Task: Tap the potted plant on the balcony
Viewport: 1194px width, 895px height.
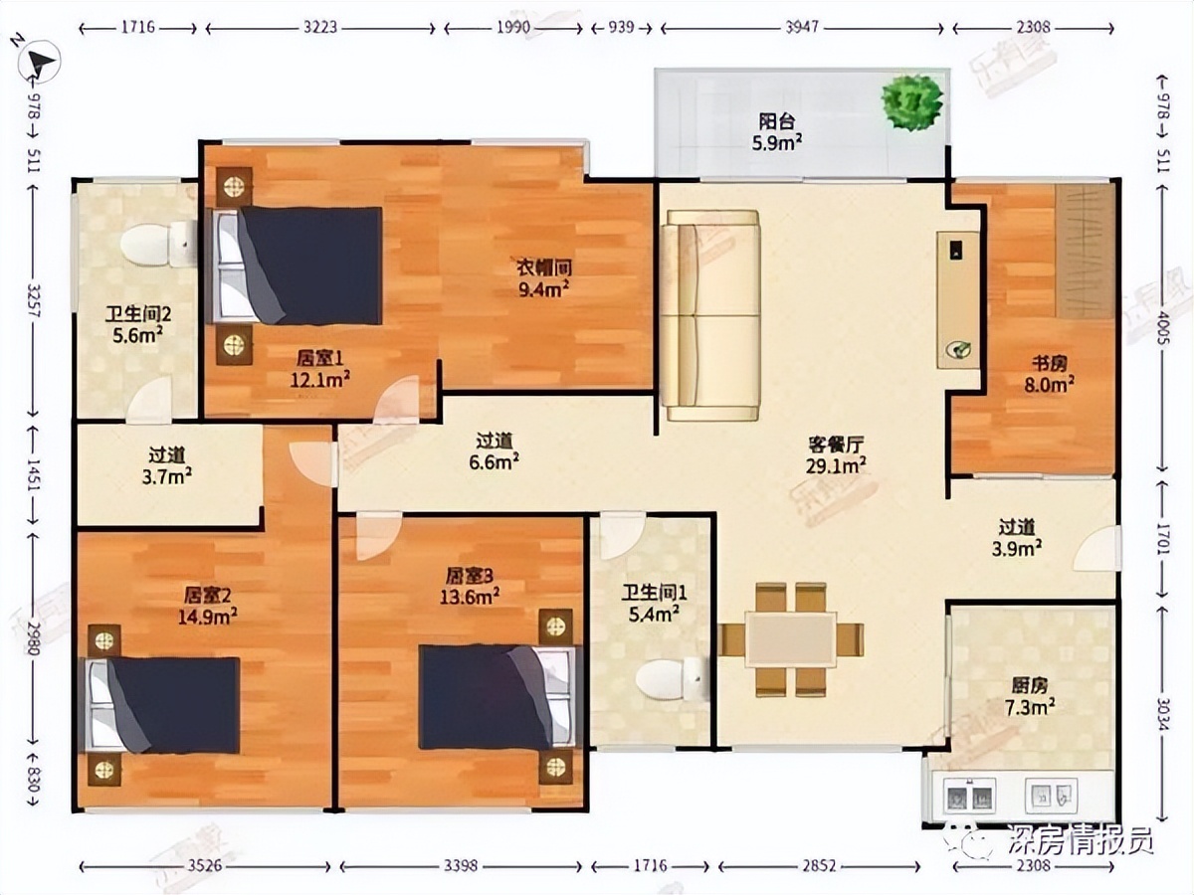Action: [911, 102]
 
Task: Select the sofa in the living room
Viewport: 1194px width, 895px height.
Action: [711, 314]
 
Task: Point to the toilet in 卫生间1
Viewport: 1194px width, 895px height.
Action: [670, 678]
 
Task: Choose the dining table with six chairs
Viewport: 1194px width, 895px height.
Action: [792, 638]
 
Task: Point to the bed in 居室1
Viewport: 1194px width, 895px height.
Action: [298, 266]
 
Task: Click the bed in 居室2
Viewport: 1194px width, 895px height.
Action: [163, 704]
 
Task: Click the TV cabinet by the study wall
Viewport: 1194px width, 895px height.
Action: [958, 299]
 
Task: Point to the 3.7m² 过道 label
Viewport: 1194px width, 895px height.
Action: [167, 465]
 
